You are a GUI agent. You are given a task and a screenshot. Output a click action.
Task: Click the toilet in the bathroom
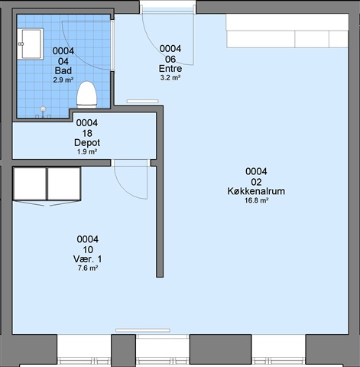point(87,95)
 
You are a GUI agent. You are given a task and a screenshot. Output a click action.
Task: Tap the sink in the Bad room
point(31,44)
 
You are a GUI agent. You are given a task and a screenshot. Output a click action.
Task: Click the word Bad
point(63,70)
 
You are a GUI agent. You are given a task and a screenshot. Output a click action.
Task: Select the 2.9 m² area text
point(63,80)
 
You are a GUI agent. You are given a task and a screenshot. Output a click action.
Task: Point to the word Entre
point(170,69)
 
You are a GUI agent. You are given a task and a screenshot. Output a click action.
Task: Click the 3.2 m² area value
point(170,78)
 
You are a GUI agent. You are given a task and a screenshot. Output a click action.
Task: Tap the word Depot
point(87,143)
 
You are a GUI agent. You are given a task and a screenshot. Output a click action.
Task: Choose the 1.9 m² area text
point(87,152)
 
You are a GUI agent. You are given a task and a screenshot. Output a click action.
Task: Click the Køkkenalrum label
point(256,191)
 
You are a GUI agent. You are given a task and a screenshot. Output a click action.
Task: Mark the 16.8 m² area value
point(256,200)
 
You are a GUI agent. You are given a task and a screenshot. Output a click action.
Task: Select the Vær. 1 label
point(88,259)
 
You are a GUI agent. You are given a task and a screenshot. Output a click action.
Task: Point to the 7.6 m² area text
point(88,268)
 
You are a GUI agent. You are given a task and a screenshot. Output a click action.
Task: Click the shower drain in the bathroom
point(44,109)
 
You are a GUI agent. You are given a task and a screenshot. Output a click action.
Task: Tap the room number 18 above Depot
point(87,133)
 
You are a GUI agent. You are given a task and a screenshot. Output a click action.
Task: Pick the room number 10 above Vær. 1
point(88,250)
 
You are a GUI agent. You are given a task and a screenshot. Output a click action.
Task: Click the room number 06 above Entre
point(170,59)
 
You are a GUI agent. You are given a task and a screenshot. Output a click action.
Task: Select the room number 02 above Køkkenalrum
point(256,182)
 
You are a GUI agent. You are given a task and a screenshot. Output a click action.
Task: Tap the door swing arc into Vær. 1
point(125,190)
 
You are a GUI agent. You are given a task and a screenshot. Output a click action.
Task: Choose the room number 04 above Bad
point(63,61)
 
